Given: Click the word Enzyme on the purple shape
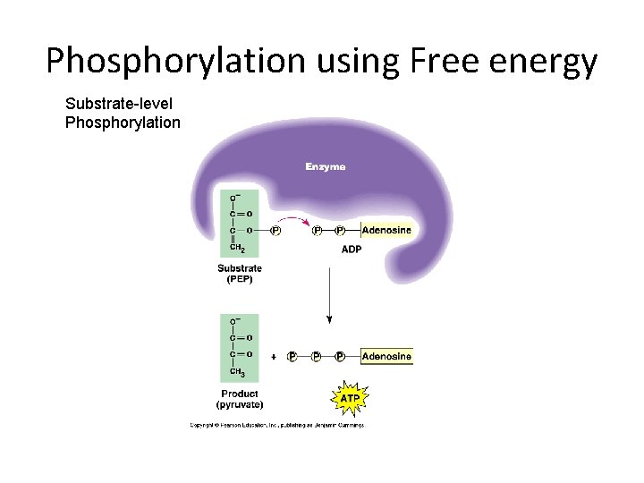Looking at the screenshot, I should [325, 166].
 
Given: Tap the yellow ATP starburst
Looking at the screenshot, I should [350, 395].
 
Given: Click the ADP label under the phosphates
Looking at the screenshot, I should [352, 250].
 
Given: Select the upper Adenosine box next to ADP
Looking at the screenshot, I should [386, 230].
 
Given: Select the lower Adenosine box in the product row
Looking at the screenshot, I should [386, 357].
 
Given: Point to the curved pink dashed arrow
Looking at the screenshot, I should [292, 220].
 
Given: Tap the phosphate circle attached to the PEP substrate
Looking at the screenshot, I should [275, 231].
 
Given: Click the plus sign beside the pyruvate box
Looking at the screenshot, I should [273, 357].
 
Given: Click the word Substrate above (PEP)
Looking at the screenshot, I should [240, 267].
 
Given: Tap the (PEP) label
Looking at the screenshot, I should [240, 278].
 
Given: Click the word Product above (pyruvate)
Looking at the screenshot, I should [240, 394].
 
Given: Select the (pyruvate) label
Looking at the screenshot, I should [240, 405].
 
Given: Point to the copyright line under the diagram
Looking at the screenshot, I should [277, 425].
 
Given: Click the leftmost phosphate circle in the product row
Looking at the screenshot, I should [292, 357].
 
